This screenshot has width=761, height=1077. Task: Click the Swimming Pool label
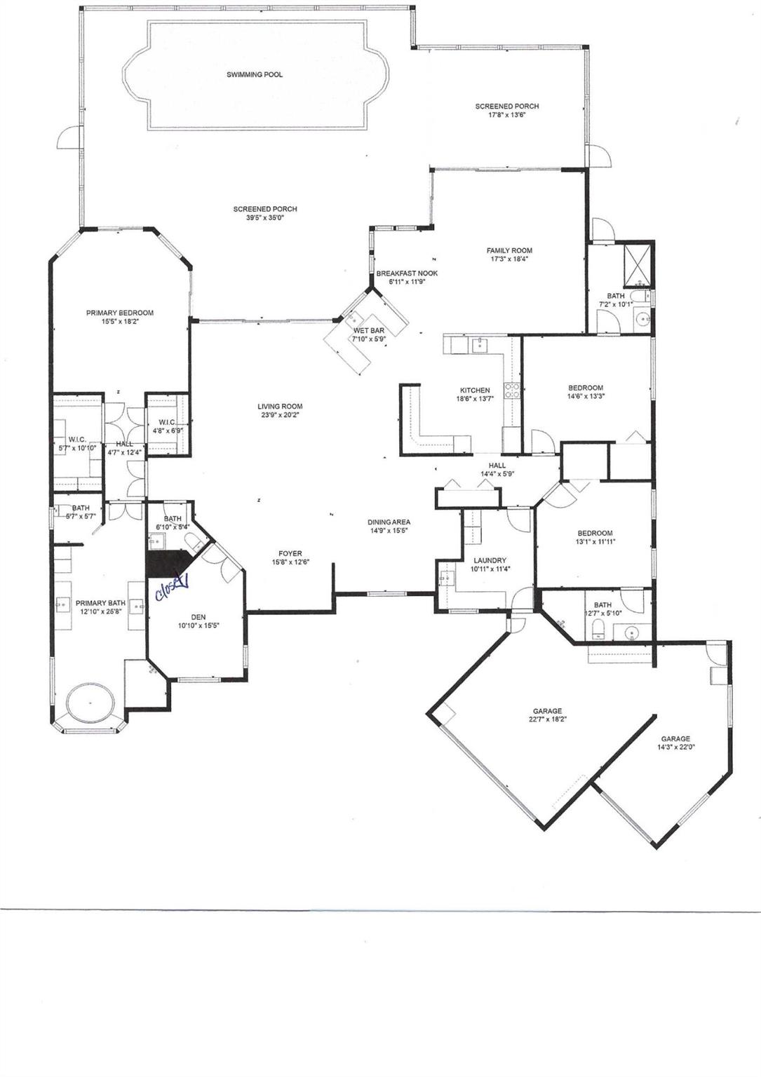pyautogui.click(x=255, y=74)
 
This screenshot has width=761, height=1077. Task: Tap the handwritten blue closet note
pyautogui.click(x=170, y=582)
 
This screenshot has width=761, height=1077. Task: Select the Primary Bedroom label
pyautogui.click(x=120, y=313)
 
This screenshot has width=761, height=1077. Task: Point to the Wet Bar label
pyautogui.click(x=368, y=330)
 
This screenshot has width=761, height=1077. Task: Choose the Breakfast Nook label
pyautogui.click(x=407, y=273)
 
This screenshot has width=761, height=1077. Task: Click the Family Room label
pyautogui.click(x=509, y=250)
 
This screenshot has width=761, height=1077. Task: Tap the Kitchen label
pyautogui.click(x=475, y=391)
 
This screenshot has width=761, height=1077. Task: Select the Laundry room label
pyautogui.click(x=490, y=561)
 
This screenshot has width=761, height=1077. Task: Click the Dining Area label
pyautogui.click(x=389, y=522)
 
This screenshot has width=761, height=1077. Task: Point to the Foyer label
pyautogui.click(x=290, y=553)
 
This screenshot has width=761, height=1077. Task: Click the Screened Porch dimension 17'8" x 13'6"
pyautogui.click(x=507, y=115)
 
